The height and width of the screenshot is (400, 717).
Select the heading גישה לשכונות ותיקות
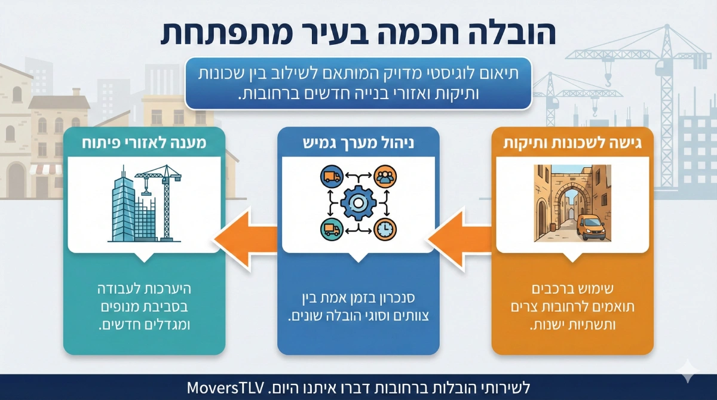[x=572, y=143]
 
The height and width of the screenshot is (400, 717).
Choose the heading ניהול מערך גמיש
[x=358, y=143]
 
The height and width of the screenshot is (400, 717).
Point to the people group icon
[x=385, y=177]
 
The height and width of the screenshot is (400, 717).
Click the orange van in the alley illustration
[x=591, y=227]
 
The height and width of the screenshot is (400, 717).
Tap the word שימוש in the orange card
[x=598, y=291]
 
